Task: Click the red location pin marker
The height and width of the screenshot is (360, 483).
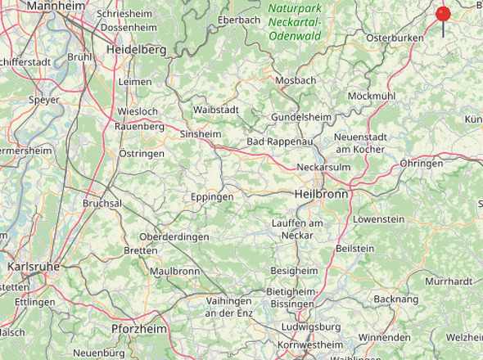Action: (443, 15)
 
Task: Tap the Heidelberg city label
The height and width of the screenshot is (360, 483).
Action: (137, 50)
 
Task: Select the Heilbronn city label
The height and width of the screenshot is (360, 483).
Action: (321, 195)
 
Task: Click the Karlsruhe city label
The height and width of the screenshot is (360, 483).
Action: (33, 267)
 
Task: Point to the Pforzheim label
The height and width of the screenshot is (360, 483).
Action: (138, 329)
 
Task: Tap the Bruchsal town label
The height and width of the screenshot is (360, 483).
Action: (102, 203)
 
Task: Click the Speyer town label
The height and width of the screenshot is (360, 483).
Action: (43, 100)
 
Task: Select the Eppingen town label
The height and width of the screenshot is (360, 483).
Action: (212, 197)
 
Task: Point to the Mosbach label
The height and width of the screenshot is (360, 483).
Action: (296, 80)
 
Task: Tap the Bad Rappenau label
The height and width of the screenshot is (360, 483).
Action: (280, 143)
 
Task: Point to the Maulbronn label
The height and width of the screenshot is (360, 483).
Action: (174, 271)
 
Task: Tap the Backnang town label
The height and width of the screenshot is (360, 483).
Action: (396, 299)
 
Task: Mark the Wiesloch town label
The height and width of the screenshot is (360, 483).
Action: (138, 110)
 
